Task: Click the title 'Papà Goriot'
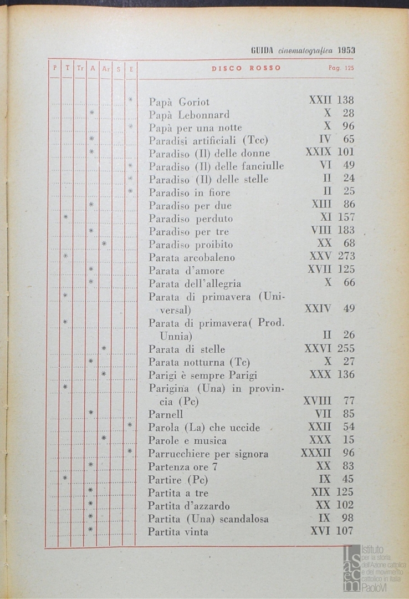[179, 102]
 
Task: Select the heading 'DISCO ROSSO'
[246, 69]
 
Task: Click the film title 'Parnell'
[166, 414]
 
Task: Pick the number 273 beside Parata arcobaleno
[345, 257]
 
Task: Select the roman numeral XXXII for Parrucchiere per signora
[316, 453]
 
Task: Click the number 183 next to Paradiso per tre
[345, 230]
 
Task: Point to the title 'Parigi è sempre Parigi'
[203, 375]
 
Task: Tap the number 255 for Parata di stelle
[345, 349]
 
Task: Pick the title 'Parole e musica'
[187, 441]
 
